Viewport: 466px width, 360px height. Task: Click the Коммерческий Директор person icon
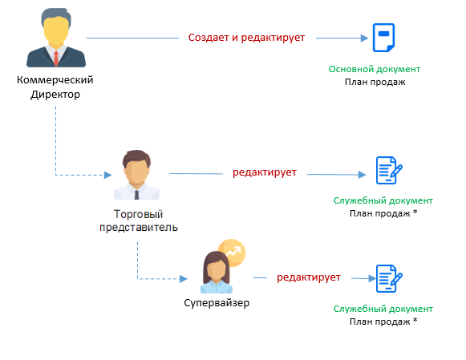[x=56, y=38]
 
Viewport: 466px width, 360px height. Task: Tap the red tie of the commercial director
[x=56, y=59]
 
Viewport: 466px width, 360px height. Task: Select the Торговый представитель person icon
[x=136, y=175]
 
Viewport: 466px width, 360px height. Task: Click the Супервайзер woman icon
[x=217, y=272]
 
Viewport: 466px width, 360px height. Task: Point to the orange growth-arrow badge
[x=232, y=253]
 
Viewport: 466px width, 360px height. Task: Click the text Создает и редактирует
[x=246, y=38]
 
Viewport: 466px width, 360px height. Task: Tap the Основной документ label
[x=375, y=69]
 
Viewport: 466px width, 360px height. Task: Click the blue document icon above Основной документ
[x=383, y=38]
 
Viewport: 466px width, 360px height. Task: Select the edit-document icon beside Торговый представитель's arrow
[x=389, y=171]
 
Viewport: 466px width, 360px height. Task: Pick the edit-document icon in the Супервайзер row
[x=389, y=278]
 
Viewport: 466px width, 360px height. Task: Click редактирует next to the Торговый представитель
[x=265, y=172]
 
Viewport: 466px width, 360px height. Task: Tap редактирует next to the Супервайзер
[x=309, y=277]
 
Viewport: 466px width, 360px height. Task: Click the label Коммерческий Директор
[x=55, y=87]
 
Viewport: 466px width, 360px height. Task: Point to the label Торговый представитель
[x=139, y=220]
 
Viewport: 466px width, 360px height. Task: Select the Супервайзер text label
[x=217, y=303]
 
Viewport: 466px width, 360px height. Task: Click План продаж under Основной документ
[x=375, y=82]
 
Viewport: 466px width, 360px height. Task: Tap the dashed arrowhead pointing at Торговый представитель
[x=108, y=175]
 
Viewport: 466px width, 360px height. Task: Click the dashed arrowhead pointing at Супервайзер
[x=184, y=278]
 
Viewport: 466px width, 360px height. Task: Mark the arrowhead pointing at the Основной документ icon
[x=364, y=38]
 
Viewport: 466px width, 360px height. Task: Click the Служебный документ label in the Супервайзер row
[x=383, y=309]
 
